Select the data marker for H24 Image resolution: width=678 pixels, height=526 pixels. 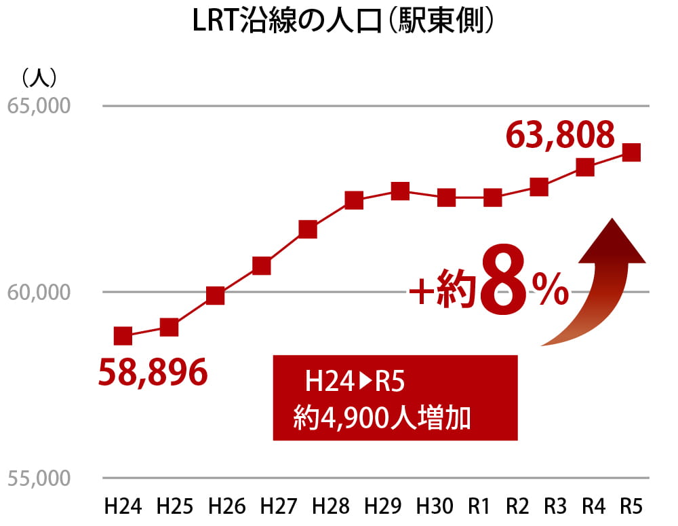(123, 335)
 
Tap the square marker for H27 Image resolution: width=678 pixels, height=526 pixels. (307, 229)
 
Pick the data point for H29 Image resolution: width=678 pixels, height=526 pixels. (400, 191)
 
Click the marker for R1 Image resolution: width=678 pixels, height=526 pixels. (493, 198)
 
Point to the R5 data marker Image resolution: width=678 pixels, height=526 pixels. (631, 152)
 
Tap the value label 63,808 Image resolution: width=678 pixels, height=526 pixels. (561, 135)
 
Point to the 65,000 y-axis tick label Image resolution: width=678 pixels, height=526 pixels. (39, 107)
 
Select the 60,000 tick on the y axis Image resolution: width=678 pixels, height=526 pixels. (39, 293)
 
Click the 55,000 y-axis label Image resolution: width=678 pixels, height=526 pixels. (39, 478)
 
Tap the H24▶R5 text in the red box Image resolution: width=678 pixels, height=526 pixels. (355, 382)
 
